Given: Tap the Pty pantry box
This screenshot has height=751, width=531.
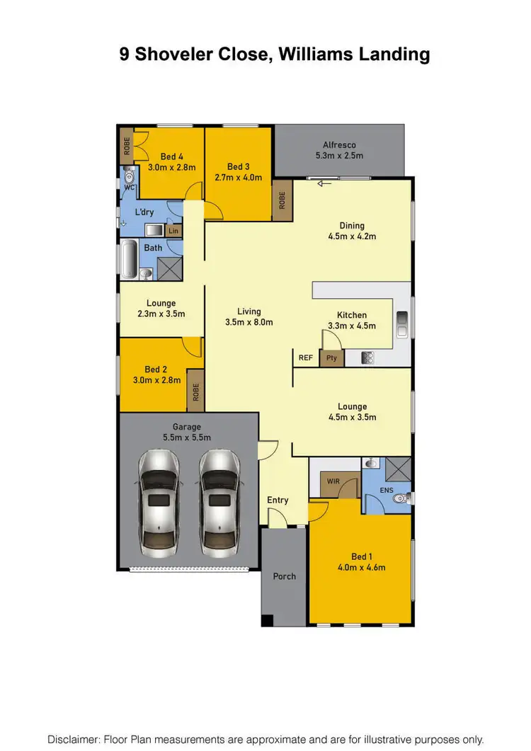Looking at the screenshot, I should [x=331, y=358].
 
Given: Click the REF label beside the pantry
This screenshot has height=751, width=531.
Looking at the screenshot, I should [x=305, y=358].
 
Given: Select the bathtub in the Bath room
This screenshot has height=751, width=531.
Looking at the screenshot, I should [x=128, y=259].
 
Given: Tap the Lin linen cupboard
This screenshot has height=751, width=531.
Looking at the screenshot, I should [x=173, y=231].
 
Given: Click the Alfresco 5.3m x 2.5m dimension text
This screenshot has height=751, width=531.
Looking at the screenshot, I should [x=339, y=156].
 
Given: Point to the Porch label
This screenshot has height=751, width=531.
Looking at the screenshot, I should [x=285, y=576].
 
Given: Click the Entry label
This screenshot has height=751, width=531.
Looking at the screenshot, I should [x=278, y=500].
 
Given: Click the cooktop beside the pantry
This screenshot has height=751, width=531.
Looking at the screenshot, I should [x=368, y=358].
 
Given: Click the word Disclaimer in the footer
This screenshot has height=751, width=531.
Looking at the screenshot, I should [x=74, y=739].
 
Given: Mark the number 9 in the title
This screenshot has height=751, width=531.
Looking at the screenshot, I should [x=125, y=55].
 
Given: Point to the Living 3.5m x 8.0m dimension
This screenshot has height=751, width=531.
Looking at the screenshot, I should [x=249, y=322].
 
